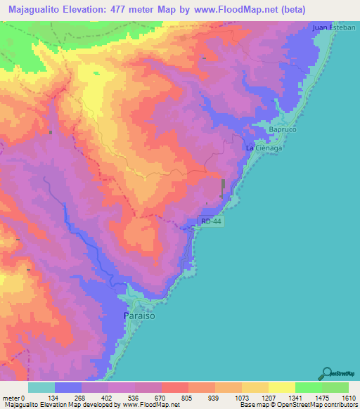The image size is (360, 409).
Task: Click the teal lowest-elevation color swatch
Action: [x=41, y=388]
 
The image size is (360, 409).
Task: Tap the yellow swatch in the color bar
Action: [x=281, y=388]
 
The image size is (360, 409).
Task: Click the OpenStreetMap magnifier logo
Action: [x=328, y=372]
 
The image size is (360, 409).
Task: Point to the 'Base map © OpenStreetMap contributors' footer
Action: [x=297, y=404]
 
